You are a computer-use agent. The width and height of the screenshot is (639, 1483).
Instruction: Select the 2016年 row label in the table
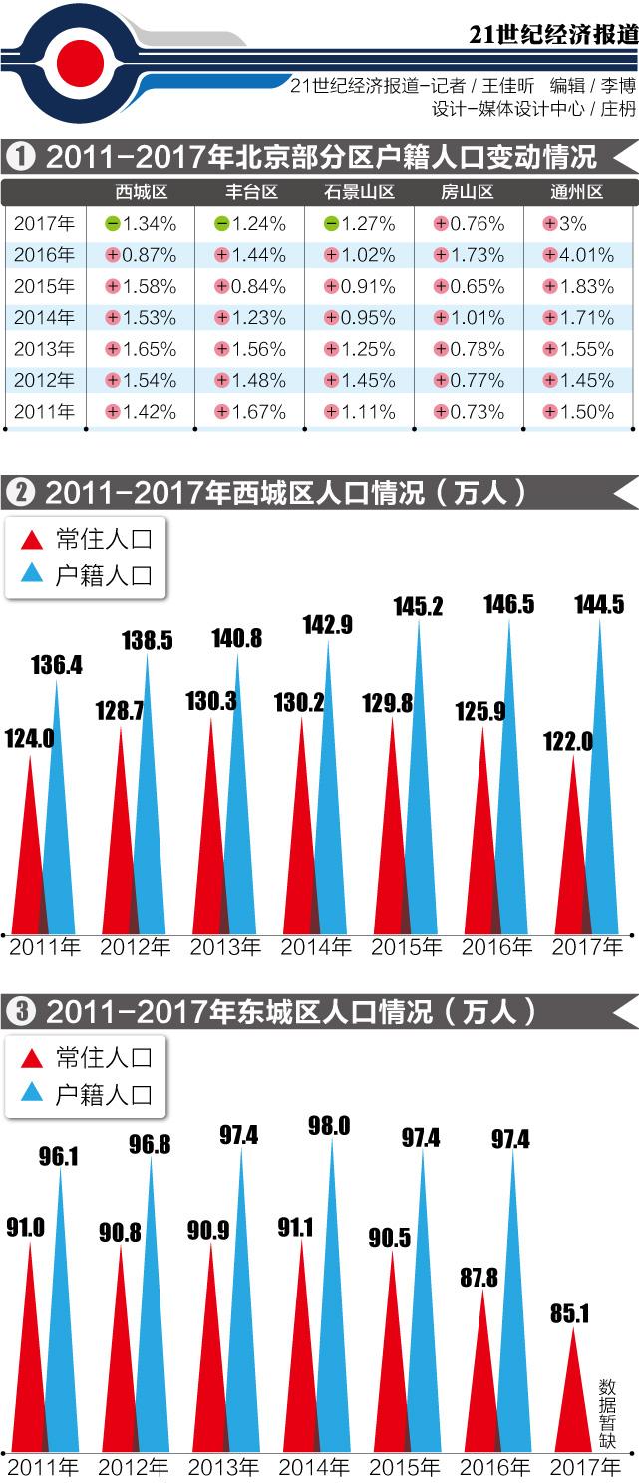pyautogui.click(x=44, y=255)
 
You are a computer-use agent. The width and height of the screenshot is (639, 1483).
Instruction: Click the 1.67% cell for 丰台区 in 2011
pyautogui.click(x=249, y=412)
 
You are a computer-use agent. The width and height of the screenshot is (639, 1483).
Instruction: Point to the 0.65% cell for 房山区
pyautogui.click(x=469, y=286)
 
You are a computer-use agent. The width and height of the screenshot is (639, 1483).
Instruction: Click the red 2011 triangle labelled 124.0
pyautogui.click(x=31, y=858)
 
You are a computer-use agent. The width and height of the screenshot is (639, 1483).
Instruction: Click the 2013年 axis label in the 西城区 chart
pyautogui.click(x=225, y=947)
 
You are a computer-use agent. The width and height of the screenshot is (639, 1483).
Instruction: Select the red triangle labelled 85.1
pyautogui.click(x=570, y=1396)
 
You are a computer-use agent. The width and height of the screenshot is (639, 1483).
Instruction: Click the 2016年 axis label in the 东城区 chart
pyautogui.click(x=495, y=1467)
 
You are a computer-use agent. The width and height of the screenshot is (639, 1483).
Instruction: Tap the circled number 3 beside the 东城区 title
pyautogui.click(x=20, y=1011)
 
